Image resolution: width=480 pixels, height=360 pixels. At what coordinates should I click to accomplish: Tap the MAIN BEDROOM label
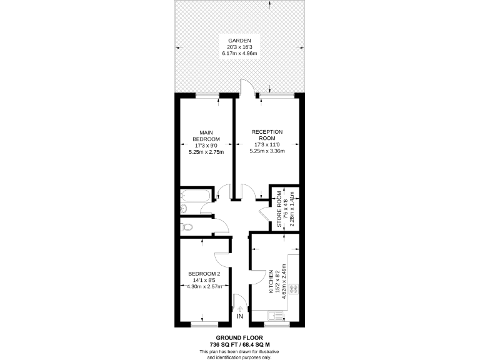pyautogui.click(x=206, y=135)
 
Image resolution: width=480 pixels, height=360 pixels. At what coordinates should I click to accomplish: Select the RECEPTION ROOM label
pyautogui.click(x=267, y=135)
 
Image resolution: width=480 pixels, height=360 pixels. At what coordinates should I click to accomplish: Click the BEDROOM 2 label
pyautogui.click(x=204, y=274)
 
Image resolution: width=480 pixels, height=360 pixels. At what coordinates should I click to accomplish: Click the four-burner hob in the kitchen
pyautogui.click(x=293, y=290)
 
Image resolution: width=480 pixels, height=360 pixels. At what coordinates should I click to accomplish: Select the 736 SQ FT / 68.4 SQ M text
pyautogui.click(x=240, y=345)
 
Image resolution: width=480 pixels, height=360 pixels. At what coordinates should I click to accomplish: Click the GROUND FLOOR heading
pyautogui.click(x=240, y=337)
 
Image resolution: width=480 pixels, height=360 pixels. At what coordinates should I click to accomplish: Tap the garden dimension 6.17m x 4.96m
pyautogui.click(x=240, y=53)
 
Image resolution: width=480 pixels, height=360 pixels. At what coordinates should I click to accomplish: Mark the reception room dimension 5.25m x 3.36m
pyautogui.click(x=267, y=151)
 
